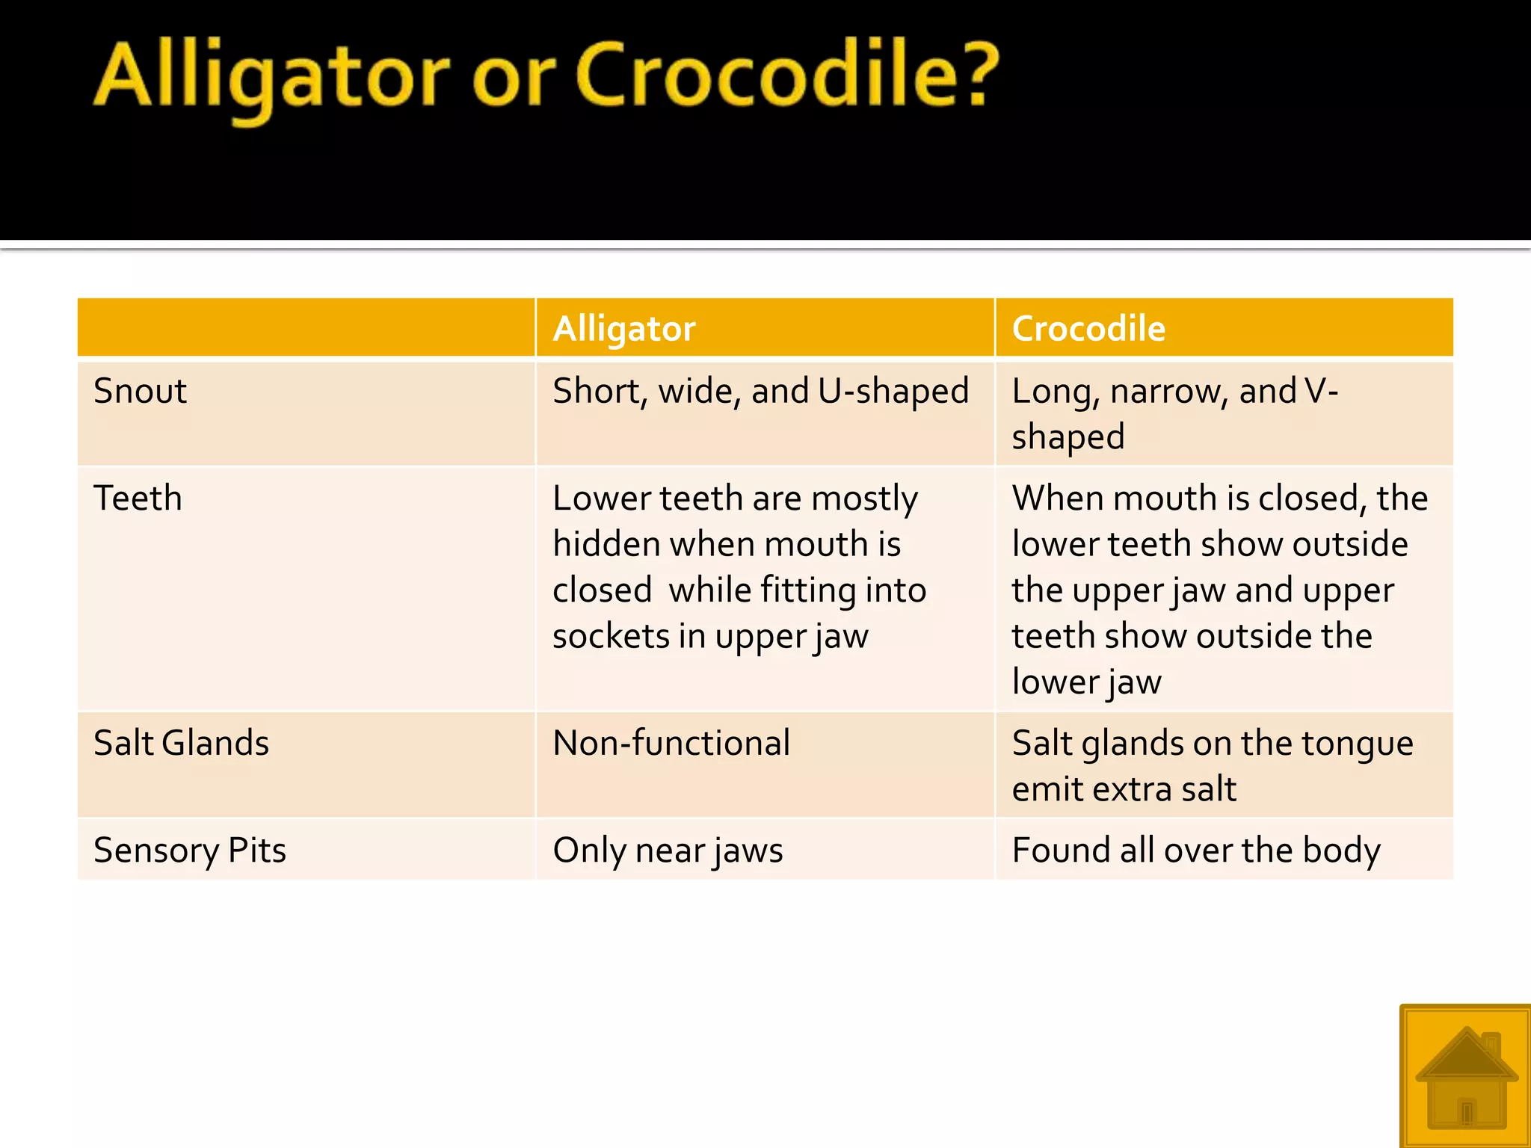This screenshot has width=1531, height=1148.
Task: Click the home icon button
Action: tap(1465, 1076)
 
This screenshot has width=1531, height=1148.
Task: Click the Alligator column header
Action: tap(624, 329)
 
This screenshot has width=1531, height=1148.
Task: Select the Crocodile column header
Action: tap(1088, 329)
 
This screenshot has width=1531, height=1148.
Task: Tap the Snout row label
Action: tap(140, 391)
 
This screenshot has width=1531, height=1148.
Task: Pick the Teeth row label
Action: tap(138, 498)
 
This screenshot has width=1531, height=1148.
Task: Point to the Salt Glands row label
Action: tap(181, 743)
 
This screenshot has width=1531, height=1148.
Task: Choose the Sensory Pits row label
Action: tap(190, 850)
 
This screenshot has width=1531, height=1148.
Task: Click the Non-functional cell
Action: tap(671, 743)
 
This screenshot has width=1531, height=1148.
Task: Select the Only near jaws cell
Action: tap(668, 851)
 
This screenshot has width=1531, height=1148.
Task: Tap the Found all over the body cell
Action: tap(1196, 851)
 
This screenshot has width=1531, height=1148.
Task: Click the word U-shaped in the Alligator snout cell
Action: tap(893, 392)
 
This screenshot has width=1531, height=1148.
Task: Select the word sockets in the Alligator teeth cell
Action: tap(611, 636)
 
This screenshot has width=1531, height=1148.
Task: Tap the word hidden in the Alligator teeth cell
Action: tap(606, 544)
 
